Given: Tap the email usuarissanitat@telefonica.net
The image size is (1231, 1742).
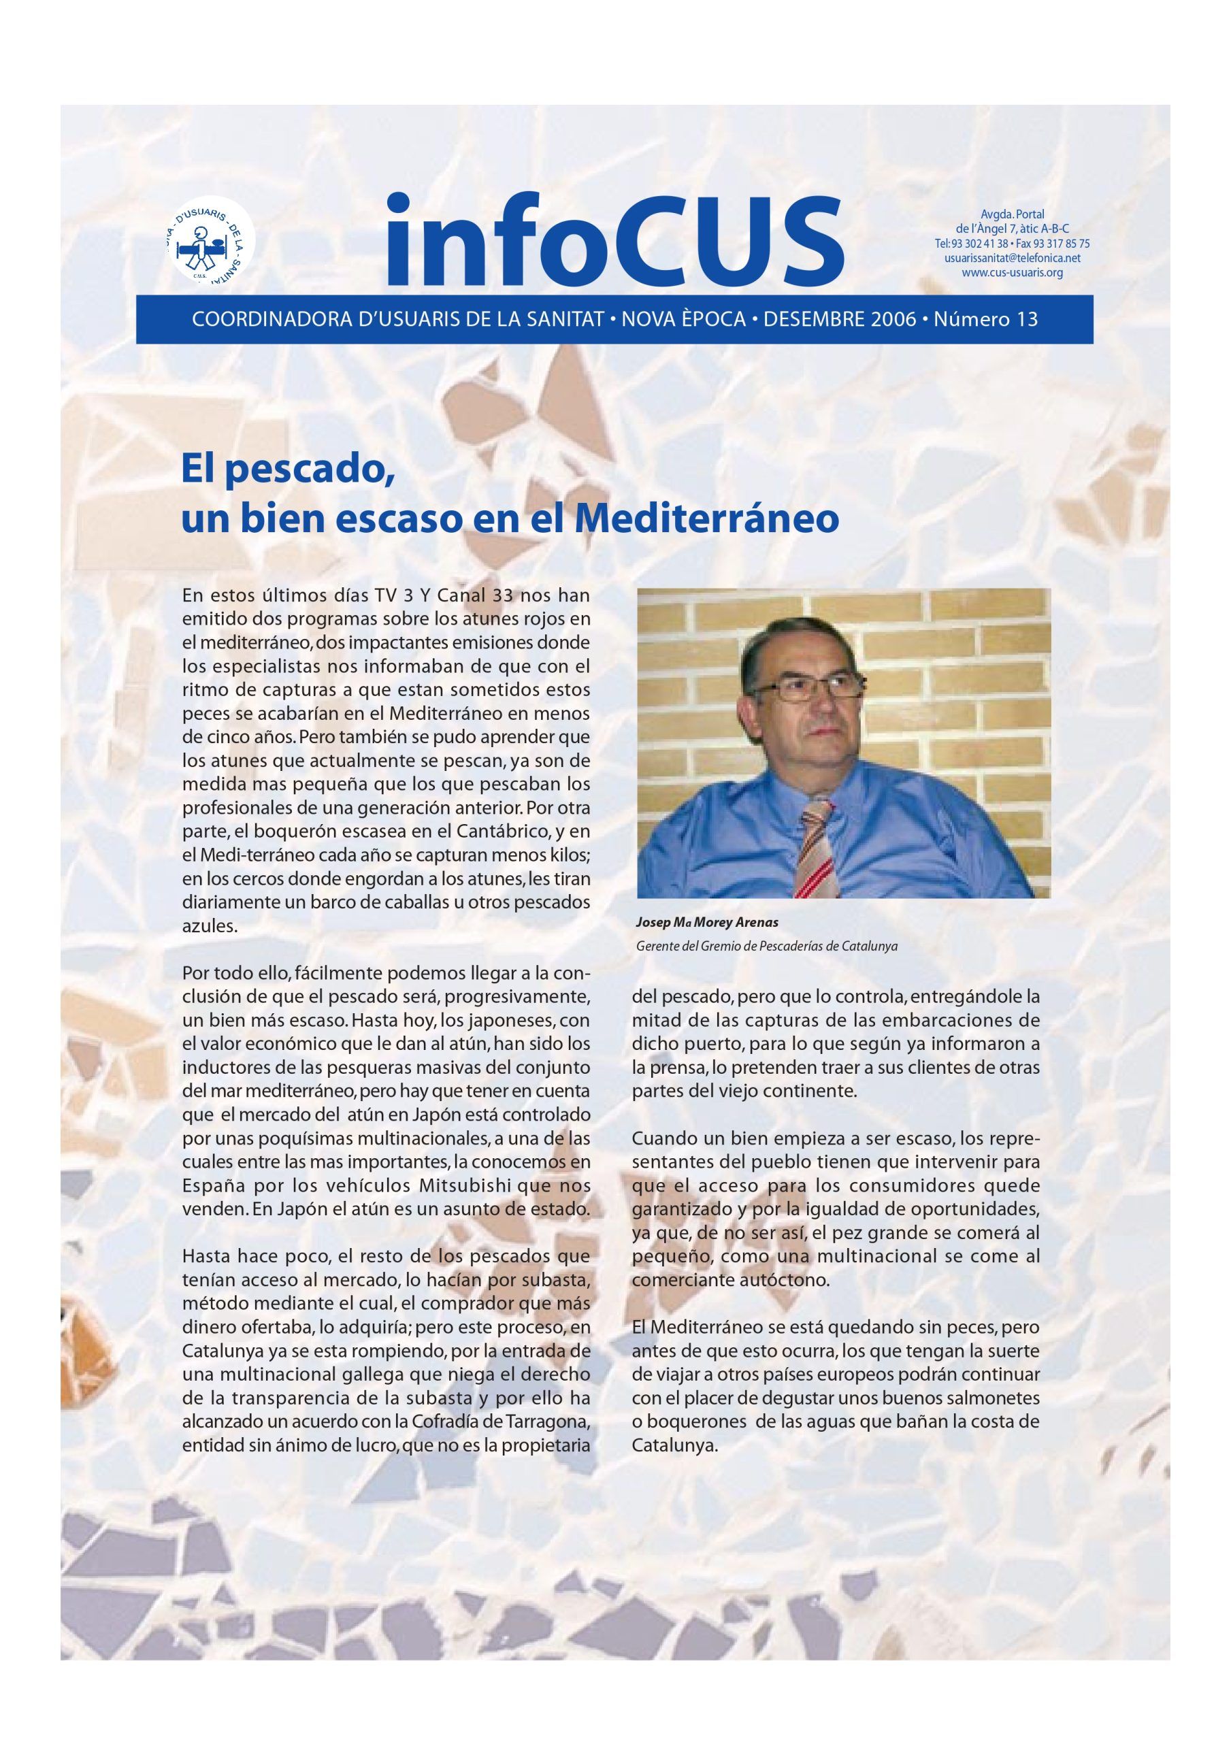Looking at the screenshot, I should [x=1012, y=258].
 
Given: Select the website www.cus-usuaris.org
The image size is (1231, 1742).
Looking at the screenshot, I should [x=1012, y=272].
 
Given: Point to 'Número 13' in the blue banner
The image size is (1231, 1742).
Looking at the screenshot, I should [x=985, y=318].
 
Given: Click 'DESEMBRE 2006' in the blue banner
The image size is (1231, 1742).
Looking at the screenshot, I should [x=840, y=318].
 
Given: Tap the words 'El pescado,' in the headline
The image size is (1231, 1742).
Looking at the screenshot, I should [x=289, y=470].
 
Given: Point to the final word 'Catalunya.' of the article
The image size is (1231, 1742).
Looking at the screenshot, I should [x=674, y=1445].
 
